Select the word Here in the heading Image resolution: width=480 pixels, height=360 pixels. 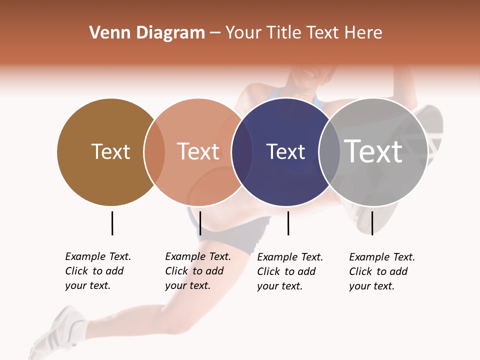[363, 33]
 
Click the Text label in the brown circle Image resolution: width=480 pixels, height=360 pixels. [110, 151]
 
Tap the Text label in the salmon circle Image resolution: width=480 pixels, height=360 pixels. [198, 151]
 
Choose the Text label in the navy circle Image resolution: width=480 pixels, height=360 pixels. [285, 151]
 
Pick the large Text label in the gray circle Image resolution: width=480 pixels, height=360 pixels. [373, 151]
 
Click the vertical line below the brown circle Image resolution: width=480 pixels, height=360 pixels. [112, 223]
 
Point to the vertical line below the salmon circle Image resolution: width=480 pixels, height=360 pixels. [200, 223]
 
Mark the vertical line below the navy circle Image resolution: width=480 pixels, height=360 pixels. [288, 223]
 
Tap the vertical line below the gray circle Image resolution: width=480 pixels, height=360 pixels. [372, 223]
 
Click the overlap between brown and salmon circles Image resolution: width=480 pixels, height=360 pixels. [154, 151]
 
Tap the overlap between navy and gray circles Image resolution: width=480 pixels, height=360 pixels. [329, 151]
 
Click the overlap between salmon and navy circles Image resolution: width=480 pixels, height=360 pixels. [242, 151]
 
